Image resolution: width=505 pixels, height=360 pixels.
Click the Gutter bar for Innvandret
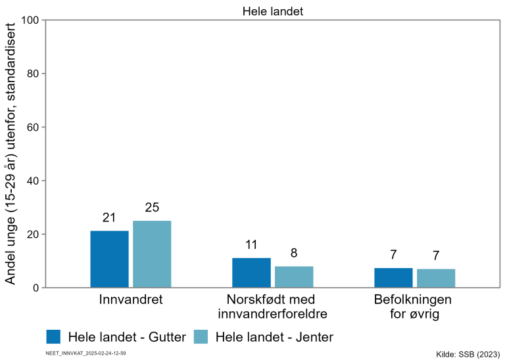(109, 259)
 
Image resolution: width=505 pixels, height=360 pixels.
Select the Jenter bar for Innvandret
(152, 254)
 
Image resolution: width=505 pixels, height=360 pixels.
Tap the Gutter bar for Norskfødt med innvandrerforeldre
(251, 273)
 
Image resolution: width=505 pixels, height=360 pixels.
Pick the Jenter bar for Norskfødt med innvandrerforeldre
(294, 277)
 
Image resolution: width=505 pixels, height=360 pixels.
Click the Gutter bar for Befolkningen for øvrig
(393, 278)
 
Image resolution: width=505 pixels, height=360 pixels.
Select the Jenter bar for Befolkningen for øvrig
(436, 279)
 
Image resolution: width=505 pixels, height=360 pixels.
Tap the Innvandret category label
(130, 300)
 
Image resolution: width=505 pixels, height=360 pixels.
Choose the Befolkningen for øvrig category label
(414, 307)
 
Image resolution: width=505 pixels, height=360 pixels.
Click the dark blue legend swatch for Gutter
(54, 337)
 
